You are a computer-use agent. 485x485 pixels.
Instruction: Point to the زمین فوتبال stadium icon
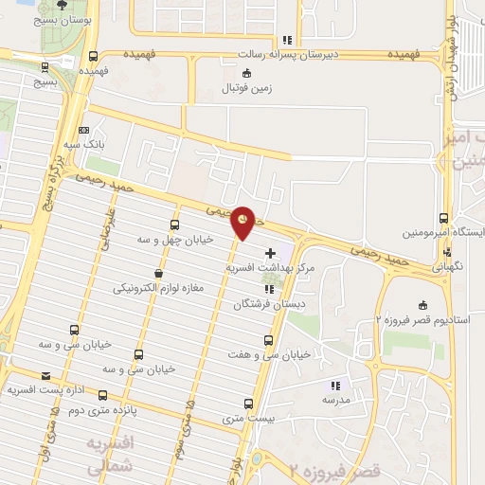tap(247, 74)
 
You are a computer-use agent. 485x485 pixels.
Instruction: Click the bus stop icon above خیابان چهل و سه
tap(174, 225)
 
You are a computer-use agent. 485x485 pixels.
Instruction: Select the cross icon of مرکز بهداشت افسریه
tap(273, 253)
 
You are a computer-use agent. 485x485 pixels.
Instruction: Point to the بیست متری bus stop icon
tap(249, 403)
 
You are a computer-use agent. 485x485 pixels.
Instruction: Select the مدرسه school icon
tap(334, 386)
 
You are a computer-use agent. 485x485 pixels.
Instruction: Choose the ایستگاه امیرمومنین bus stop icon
tap(445, 218)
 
